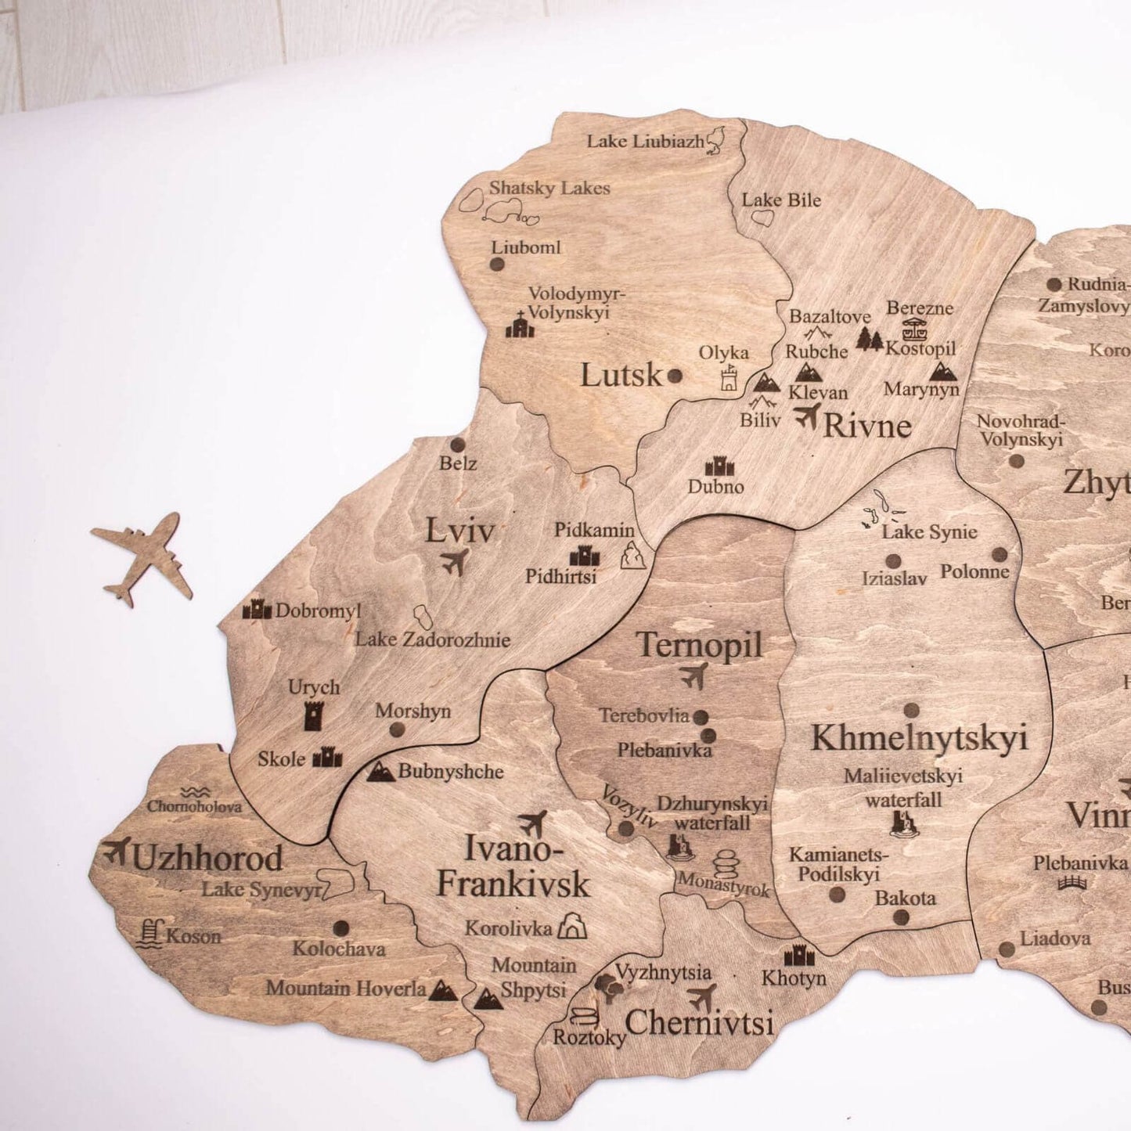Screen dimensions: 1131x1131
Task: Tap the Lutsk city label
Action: click(x=621, y=376)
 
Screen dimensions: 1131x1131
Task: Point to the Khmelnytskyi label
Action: click(x=919, y=738)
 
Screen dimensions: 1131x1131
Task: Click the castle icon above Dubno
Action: click(x=719, y=467)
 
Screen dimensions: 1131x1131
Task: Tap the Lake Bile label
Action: click(x=781, y=200)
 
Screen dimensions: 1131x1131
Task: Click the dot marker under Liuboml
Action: click(x=496, y=265)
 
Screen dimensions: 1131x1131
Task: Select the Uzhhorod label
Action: click(x=207, y=859)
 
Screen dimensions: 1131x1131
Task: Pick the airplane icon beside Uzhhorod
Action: click(x=117, y=850)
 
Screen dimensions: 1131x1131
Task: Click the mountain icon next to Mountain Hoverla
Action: click(x=443, y=989)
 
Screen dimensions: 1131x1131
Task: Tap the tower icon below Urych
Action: click(x=313, y=715)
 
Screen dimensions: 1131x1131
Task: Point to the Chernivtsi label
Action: click(x=699, y=1022)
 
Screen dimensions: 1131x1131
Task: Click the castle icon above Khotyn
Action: click(x=799, y=956)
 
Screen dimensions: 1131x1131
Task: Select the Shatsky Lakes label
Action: click(x=549, y=188)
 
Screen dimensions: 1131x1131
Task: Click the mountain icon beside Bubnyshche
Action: click(x=380, y=772)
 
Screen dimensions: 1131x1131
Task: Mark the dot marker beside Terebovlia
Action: click(x=701, y=717)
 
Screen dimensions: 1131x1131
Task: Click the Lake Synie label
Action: click(x=929, y=532)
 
